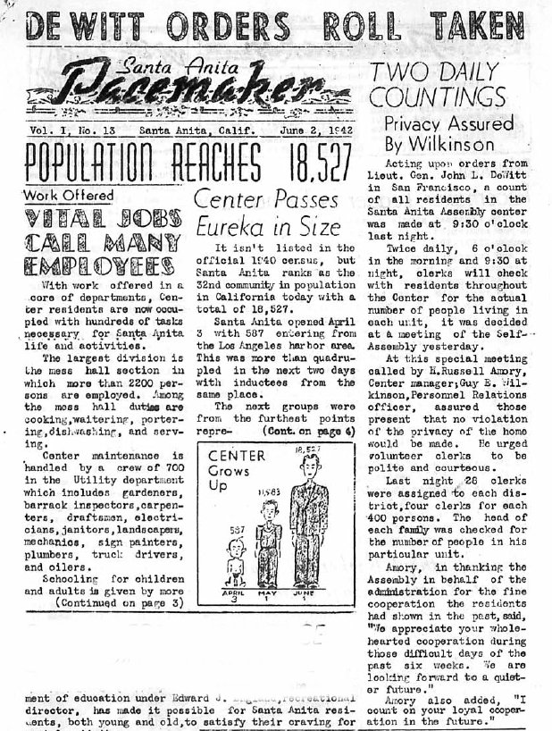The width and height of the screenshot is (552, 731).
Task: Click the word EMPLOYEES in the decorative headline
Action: [x=100, y=265]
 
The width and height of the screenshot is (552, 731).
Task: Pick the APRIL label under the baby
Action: [x=230, y=593]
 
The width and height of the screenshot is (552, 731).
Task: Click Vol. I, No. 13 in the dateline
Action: [x=68, y=132]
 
